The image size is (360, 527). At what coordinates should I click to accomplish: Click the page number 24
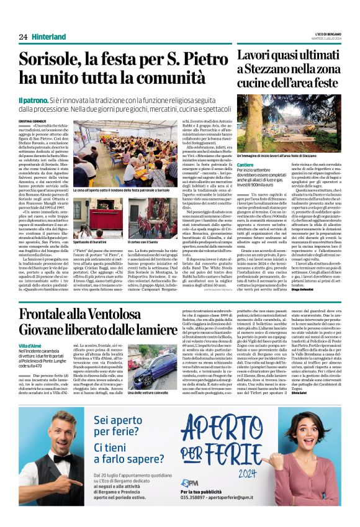[x=23, y=37]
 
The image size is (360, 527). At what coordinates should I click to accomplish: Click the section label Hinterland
[x=49, y=37]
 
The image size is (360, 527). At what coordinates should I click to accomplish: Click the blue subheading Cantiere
[x=246, y=166]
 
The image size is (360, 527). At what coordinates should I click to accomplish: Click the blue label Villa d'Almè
[x=31, y=345]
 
